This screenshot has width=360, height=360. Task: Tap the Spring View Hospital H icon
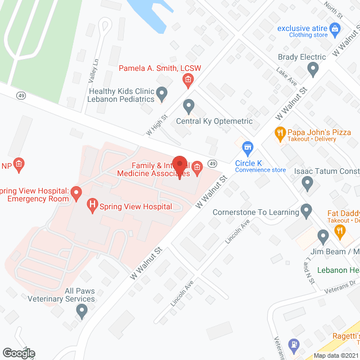tap(92, 206)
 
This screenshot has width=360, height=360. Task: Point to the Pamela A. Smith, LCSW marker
tap(188, 82)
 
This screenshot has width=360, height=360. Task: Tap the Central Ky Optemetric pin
tap(188, 106)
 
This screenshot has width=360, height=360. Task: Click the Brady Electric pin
tap(313, 70)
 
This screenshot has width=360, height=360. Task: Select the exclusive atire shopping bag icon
tap(335, 28)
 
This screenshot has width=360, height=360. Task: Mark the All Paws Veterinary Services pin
tap(82, 310)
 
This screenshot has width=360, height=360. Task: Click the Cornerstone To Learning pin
tap(306, 211)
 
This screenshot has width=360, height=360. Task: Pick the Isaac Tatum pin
tap(307, 183)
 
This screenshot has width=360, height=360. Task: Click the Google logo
tap(18, 353)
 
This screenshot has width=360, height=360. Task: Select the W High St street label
tap(157, 125)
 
